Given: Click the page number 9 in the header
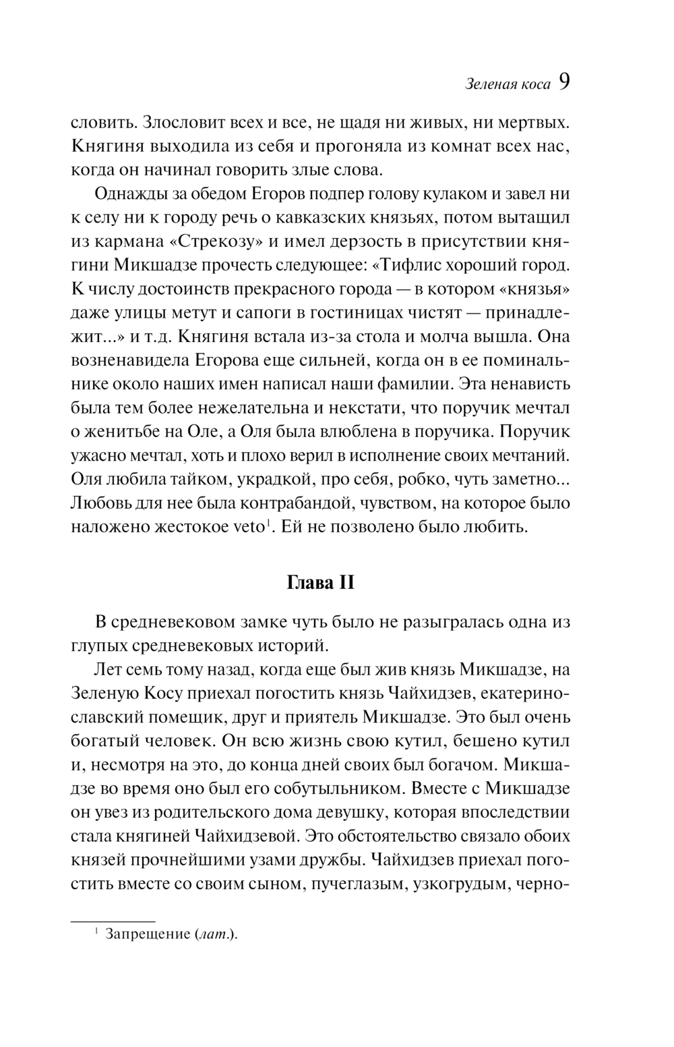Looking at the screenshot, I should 564,82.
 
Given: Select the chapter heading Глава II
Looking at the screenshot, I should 321,582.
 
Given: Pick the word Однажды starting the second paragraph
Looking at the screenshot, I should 127,194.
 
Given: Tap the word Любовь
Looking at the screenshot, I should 100,503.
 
